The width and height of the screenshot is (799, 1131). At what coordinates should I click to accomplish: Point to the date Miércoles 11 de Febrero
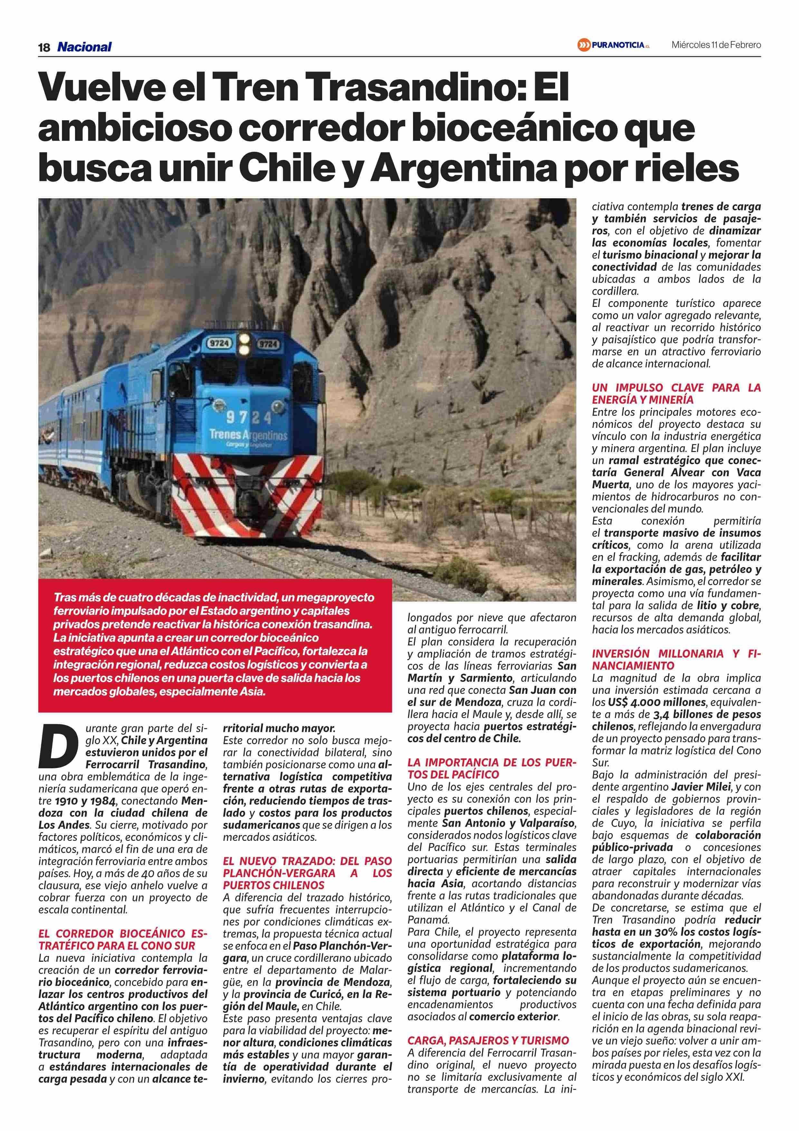(x=716, y=45)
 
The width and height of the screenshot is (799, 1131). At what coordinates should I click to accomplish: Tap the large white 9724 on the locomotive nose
(x=249, y=418)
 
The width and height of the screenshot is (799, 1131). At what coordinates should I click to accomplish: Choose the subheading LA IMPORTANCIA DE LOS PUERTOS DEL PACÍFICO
(x=491, y=768)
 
